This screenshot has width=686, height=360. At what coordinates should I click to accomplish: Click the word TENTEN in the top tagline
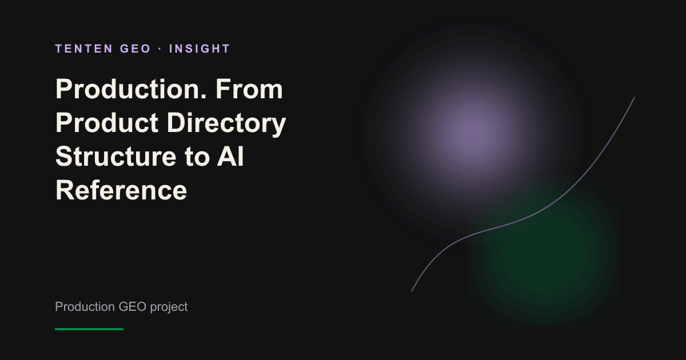click(84, 49)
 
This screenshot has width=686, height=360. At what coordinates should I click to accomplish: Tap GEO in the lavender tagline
click(135, 49)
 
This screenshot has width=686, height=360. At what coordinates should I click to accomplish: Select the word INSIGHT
click(200, 49)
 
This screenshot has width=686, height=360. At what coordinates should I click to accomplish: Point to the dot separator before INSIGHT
click(160, 49)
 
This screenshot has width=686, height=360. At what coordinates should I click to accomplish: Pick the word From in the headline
click(249, 89)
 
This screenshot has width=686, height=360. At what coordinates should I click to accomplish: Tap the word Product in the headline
click(107, 123)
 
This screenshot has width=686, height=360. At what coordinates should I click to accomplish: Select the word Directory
click(226, 123)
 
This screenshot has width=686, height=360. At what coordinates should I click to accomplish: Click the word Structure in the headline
click(115, 157)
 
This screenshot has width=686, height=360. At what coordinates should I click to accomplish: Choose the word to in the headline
click(197, 157)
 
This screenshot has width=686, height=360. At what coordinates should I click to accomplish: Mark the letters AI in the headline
click(230, 157)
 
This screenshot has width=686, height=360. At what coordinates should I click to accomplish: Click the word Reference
click(121, 190)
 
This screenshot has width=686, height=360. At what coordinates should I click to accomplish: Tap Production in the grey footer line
click(85, 307)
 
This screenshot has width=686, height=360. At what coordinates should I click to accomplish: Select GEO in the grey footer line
click(132, 307)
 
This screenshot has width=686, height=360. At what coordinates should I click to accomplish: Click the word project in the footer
click(169, 307)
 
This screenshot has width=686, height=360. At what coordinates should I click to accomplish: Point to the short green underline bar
click(89, 329)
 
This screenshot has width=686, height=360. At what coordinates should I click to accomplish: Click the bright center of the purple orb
click(473, 134)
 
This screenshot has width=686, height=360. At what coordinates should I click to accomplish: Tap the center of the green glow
click(544, 253)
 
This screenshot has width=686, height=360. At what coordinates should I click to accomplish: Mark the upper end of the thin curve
click(634, 98)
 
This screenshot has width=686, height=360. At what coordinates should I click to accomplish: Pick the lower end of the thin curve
click(412, 291)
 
